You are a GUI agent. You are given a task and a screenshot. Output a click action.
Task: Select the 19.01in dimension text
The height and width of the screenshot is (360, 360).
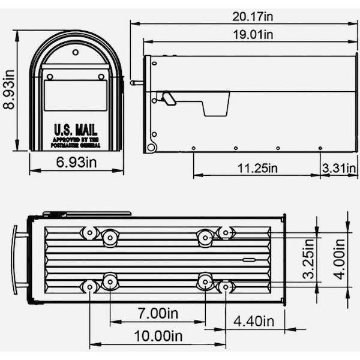click(x=253, y=35)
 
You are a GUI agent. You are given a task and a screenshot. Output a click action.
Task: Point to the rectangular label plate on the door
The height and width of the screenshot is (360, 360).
click(x=76, y=95)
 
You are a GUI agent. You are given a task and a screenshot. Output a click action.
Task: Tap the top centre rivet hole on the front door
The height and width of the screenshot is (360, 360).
click(x=76, y=52)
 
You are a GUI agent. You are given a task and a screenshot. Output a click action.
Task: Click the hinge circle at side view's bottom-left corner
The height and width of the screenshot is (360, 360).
click(x=152, y=147)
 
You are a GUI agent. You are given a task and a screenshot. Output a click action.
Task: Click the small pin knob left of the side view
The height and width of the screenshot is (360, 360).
click(x=136, y=83)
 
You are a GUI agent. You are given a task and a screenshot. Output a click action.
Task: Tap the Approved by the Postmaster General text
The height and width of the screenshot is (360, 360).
click(x=76, y=142)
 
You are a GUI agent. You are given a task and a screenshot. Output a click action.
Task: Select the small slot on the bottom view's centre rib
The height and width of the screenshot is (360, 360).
click(x=248, y=260)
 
